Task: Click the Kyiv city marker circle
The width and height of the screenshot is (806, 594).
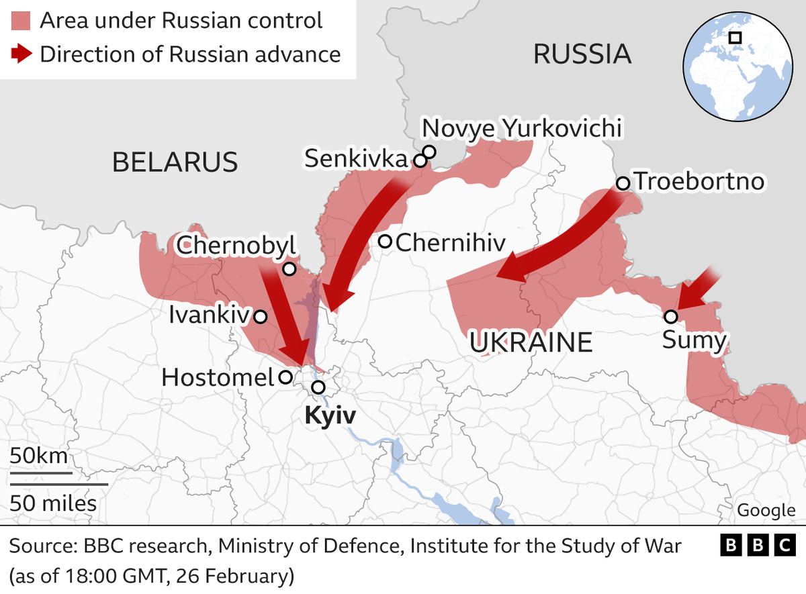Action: point(318,387)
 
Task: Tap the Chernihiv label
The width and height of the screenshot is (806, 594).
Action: point(450,242)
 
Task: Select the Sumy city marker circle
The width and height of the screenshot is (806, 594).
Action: point(670,316)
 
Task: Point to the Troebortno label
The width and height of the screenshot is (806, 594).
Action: point(699,182)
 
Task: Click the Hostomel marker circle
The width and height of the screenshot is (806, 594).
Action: point(285,377)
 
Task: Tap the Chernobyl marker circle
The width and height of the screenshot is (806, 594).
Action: point(289,269)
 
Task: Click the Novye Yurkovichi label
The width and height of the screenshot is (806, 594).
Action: point(521,128)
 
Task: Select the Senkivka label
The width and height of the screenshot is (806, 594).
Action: point(356,159)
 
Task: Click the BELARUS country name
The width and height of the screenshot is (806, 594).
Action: point(175,162)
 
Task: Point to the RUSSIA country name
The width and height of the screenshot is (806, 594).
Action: point(582,54)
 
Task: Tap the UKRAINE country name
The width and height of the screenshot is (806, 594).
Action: point(531,342)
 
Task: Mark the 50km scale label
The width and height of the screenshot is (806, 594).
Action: point(39,456)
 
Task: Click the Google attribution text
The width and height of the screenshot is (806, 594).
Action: point(766,510)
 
